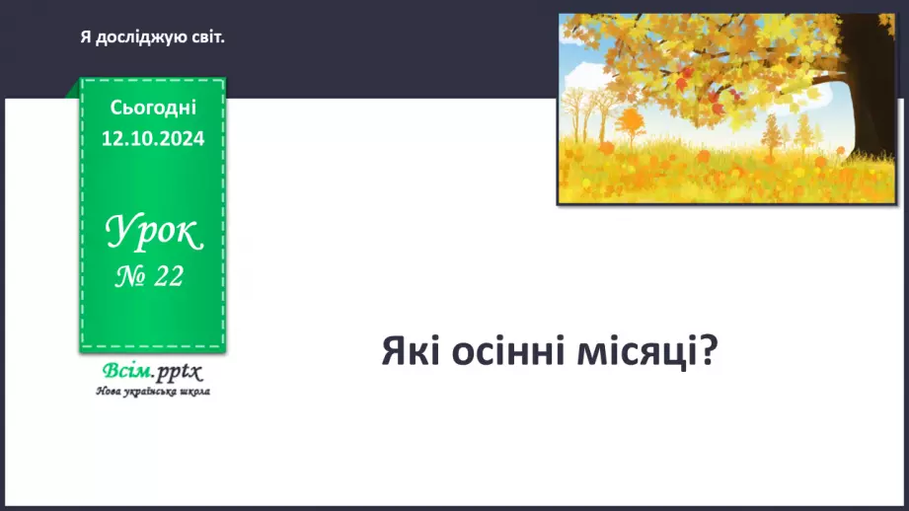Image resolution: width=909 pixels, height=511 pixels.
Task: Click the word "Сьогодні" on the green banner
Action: click(x=153, y=108)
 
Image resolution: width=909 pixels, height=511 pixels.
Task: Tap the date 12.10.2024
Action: click(x=153, y=139)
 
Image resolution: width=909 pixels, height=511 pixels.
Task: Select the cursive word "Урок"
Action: click(x=153, y=234)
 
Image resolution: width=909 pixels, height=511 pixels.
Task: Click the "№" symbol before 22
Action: click(x=130, y=278)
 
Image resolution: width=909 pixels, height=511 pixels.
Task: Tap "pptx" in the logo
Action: click(x=181, y=373)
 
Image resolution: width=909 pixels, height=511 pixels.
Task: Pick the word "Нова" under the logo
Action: click(x=108, y=392)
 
